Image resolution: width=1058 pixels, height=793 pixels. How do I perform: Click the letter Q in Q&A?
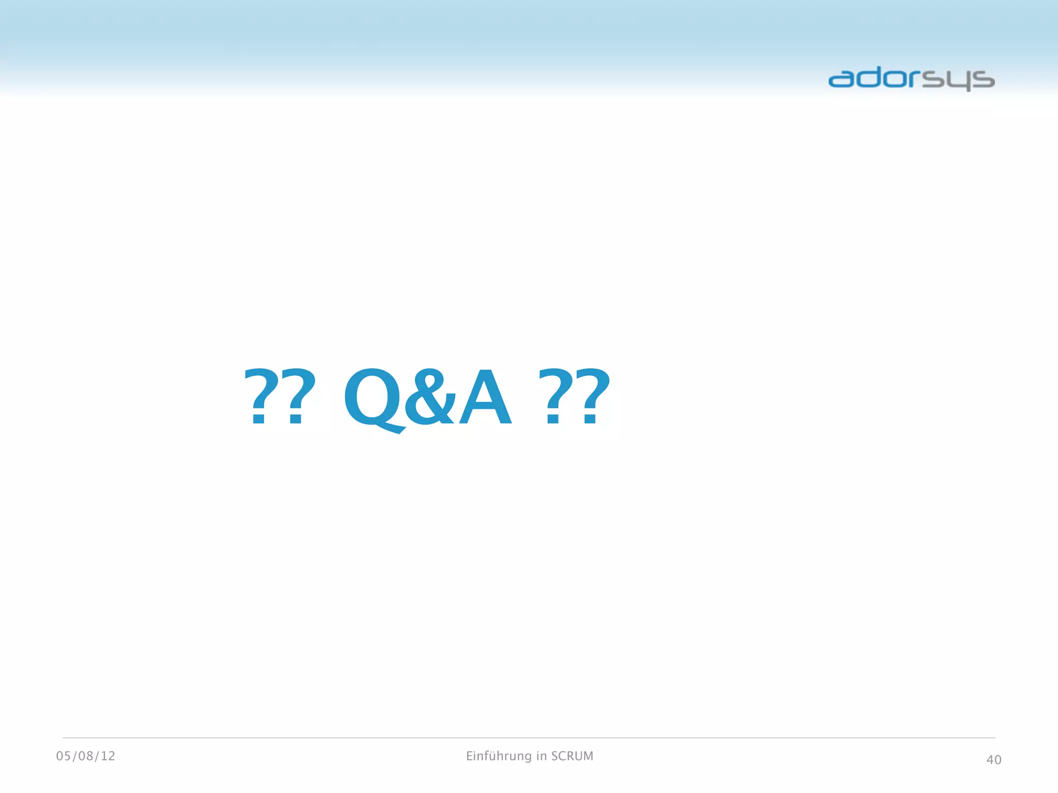coord(373,396)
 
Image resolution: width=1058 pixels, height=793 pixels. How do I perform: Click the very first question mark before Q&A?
coord(259,396)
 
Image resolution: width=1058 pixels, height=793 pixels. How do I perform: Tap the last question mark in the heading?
coord(593,396)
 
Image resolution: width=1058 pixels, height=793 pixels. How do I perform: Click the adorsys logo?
coord(911,78)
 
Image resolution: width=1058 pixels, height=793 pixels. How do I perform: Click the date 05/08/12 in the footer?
coord(86,756)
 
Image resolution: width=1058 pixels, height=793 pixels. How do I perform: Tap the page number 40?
coord(993,759)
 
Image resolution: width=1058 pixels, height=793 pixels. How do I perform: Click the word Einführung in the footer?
coord(499,756)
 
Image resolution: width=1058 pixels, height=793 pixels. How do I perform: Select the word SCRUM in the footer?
coord(572,756)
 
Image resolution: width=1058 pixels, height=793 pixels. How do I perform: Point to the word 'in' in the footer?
coord(541,756)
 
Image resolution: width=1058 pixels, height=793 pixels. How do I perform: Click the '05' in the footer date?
coord(64,756)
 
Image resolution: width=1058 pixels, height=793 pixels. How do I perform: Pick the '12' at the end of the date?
coord(108,756)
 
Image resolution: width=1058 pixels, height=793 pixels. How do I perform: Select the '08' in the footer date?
coord(86,756)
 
